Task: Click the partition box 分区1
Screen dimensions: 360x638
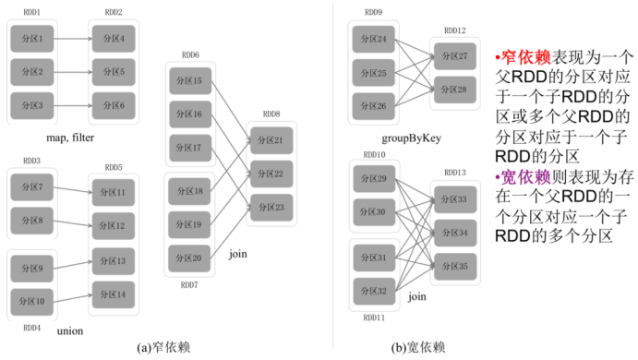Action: (33, 39)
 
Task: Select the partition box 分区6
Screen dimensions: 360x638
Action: (114, 105)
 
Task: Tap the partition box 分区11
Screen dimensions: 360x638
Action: (114, 194)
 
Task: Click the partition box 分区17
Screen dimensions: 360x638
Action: (191, 148)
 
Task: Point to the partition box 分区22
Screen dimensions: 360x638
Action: (271, 174)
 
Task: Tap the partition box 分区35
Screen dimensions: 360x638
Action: (454, 265)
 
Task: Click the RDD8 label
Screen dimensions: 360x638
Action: (271, 114)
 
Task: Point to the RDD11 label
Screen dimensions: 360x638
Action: (374, 317)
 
